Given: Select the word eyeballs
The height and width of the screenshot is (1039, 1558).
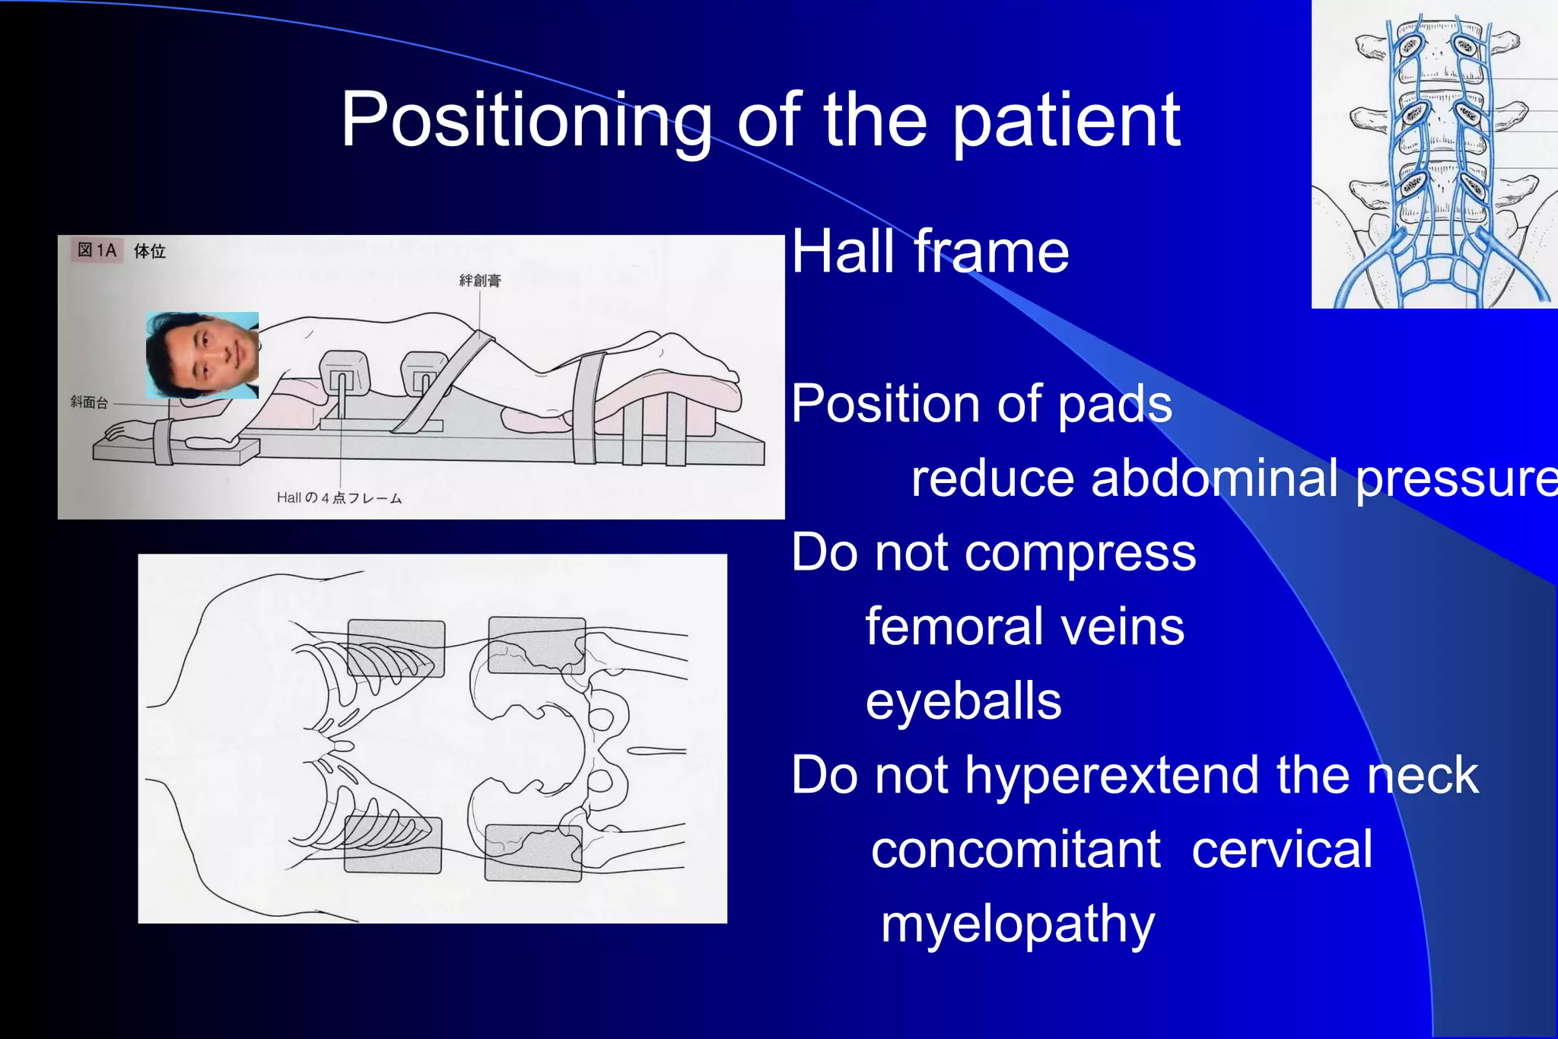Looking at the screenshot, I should pos(963,701).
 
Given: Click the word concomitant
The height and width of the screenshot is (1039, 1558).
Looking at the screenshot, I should pos(1016,850).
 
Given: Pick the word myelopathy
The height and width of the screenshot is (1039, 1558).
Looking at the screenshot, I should pos(1017,923).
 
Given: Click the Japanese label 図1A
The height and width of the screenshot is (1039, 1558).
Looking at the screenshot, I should pos(97,250).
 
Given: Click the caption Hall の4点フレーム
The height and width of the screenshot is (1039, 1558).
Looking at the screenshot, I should pos(339,497).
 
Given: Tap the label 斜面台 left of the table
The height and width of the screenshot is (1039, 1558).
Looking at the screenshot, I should pos(89,402).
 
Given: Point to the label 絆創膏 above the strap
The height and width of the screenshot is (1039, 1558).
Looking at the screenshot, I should pos(480,281).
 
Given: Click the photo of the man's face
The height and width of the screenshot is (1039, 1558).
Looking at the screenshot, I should pos(202,355).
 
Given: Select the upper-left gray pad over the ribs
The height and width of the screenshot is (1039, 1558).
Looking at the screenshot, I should pos(396,648).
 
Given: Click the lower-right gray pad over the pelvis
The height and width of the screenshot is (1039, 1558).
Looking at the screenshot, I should pos(533,853).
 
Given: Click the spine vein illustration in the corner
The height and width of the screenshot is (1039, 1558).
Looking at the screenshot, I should pos(1434,154).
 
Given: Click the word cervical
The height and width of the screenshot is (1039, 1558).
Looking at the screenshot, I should pos(1282,850).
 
